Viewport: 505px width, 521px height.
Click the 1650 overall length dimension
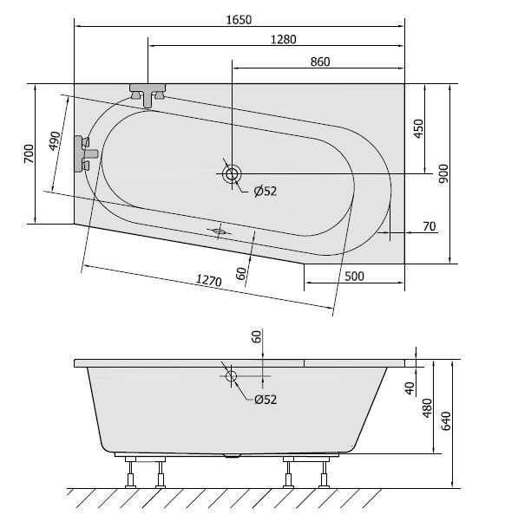pyautogui.click(x=239, y=19)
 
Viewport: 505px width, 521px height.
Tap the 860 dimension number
pyautogui.click(x=320, y=62)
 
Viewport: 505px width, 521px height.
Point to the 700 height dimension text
pyautogui.click(x=29, y=155)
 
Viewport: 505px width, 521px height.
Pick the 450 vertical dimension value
pyautogui.click(x=418, y=129)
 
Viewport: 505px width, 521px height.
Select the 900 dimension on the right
pyautogui.click(x=443, y=174)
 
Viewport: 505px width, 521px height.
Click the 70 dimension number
pyautogui.click(x=429, y=227)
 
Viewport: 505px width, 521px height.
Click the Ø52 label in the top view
pyautogui.click(x=265, y=192)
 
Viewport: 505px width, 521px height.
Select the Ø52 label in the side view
pyautogui.click(x=265, y=399)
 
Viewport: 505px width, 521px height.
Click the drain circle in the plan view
pyautogui.click(x=231, y=174)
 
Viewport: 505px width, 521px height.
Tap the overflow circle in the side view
pyautogui.click(x=231, y=377)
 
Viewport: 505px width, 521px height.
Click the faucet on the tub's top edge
pyautogui.click(x=149, y=93)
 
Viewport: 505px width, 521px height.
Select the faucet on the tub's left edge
pyautogui.click(x=86, y=152)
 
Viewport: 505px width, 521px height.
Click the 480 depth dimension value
pyautogui.click(x=427, y=407)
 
